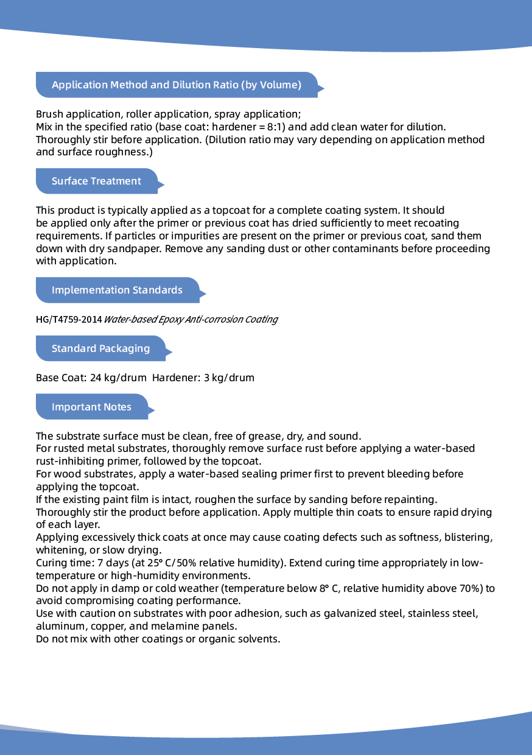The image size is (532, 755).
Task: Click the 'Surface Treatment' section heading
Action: coord(96,181)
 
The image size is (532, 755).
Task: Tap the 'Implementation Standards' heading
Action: coord(117,290)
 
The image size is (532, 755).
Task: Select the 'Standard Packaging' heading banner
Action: coord(100,348)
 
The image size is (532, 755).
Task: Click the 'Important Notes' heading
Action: coord(91,407)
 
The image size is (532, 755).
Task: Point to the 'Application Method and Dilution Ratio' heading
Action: coord(177,85)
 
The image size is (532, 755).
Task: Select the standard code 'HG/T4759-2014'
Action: coord(69,320)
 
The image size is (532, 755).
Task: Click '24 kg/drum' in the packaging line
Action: coord(118,377)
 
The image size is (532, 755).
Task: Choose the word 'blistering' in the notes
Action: coord(467,538)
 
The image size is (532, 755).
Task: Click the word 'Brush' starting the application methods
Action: coord(49,114)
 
